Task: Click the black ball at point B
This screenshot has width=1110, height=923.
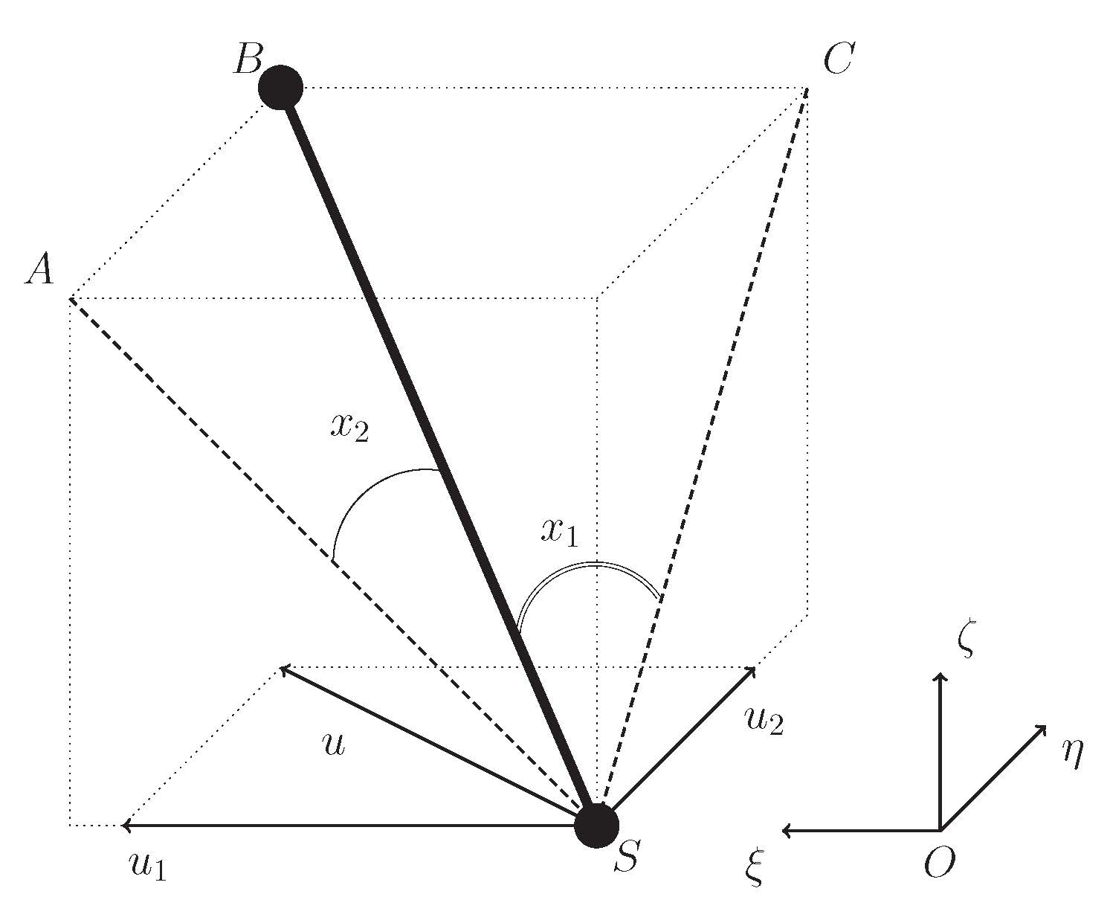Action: (x=280, y=88)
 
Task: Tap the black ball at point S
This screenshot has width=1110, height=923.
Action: (x=597, y=826)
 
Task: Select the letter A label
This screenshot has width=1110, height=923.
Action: (x=40, y=268)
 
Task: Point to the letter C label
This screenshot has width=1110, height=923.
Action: (x=839, y=59)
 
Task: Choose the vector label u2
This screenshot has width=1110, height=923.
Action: (x=764, y=722)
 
